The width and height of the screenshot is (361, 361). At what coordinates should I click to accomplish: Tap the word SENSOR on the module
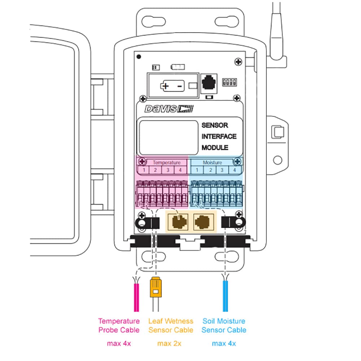[x=215, y=125]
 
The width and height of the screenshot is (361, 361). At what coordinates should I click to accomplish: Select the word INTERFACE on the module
[x=219, y=136]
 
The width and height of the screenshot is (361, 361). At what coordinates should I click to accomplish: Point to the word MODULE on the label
[x=215, y=148]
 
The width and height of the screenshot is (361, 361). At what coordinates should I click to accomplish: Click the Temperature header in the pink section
[x=166, y=162]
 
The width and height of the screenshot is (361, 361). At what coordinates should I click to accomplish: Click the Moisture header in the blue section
[x=212, y=162]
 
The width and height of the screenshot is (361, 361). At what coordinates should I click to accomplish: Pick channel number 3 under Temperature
[x=168, y=170]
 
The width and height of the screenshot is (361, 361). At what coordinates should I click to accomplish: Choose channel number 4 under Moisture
[x=234, y=170]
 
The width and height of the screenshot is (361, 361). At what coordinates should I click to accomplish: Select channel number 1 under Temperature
[x=143, y=170]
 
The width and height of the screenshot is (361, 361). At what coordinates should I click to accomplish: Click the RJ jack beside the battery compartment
[x=208, y=83]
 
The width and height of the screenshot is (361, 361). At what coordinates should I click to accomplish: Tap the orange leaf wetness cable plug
[x=155, y=287]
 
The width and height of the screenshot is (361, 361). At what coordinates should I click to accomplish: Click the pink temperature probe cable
[x=136, y=298]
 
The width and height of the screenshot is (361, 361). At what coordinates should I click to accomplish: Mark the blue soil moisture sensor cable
[x=226, y=298]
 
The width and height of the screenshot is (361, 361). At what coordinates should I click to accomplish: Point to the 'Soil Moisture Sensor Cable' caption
[x=224, y=325]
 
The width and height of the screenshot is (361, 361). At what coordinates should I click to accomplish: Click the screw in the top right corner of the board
[x=238, y=62]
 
